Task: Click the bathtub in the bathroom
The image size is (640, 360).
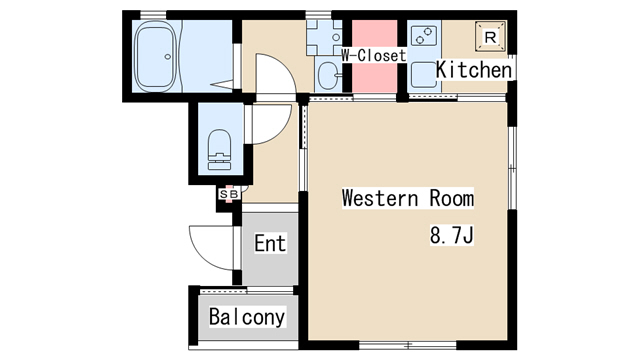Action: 156,56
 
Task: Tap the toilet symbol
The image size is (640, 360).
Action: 219,149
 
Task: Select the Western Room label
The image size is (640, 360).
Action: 408,198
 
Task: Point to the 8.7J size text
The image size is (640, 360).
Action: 451,235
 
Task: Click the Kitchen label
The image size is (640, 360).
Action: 473,69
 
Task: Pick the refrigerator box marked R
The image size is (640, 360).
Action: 490,37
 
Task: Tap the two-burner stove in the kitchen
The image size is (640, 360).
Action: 424,36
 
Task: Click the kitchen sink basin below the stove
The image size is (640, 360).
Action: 424,75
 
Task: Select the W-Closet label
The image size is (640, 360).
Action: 374,56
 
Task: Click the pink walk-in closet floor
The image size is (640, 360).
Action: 375,56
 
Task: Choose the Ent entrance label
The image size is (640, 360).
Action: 270,243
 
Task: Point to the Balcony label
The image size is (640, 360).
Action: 247,317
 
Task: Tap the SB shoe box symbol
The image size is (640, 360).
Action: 229,194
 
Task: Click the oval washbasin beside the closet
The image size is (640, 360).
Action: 328,76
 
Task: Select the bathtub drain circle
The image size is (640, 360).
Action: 167,57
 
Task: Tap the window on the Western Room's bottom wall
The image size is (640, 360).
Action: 408,345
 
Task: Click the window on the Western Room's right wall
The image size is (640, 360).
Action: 512,168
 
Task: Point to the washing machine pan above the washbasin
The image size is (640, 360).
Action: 324,38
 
